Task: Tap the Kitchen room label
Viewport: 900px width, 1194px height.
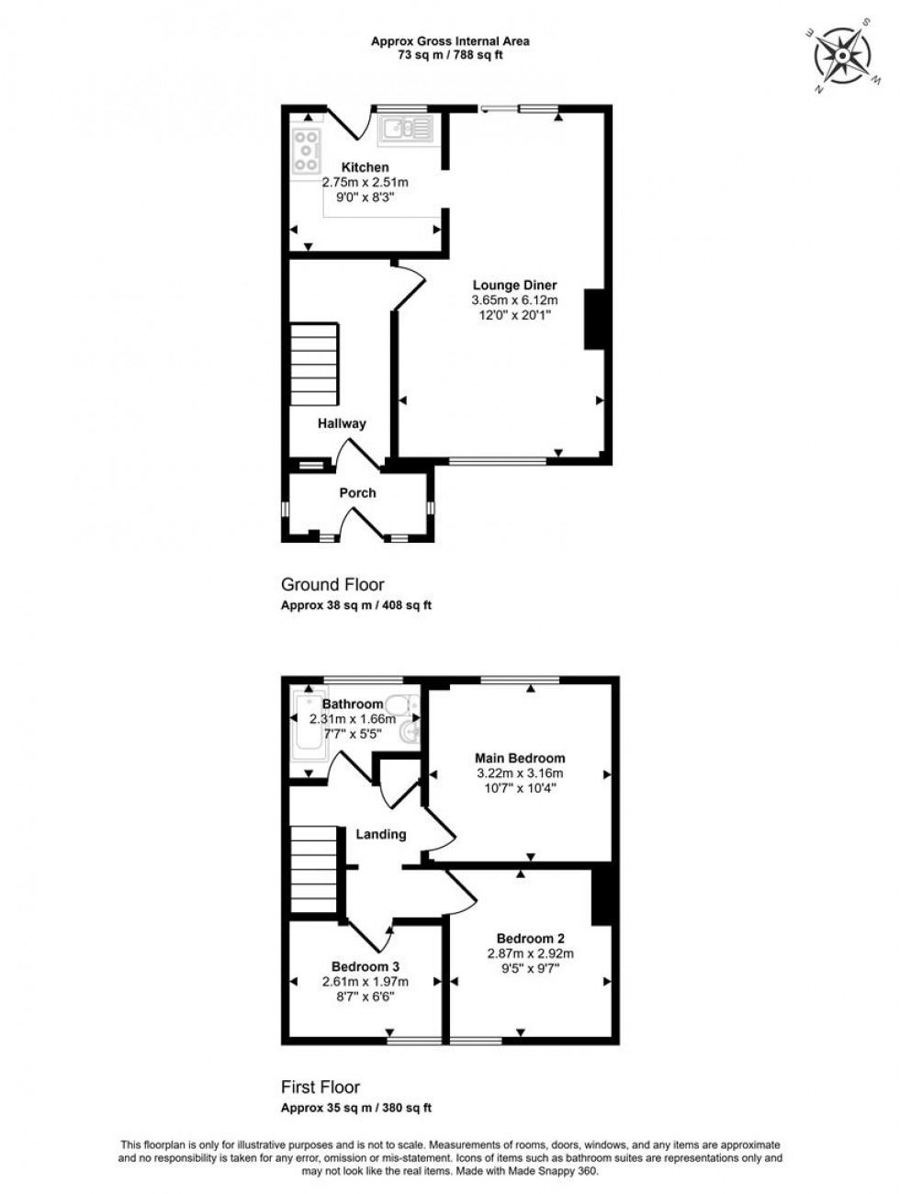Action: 365,167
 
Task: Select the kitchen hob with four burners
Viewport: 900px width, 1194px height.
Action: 306,151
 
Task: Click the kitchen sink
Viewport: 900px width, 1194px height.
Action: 404,129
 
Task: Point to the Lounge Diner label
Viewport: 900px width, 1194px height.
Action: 514,285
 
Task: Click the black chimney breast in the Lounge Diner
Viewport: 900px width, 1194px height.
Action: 594,319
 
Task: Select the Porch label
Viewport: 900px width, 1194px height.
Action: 357,493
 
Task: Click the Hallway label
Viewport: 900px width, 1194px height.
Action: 342,423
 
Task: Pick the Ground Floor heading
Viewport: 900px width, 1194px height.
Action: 332,584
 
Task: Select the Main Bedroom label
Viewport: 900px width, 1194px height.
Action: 519,758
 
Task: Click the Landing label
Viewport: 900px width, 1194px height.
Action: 380,834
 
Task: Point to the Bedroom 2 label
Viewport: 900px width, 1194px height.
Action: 530,939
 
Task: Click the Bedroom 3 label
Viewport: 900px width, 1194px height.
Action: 365,966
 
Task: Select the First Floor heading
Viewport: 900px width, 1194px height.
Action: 320,1087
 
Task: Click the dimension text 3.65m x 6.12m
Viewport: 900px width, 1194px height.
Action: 514,300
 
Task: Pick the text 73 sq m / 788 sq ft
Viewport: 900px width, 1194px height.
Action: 450,55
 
